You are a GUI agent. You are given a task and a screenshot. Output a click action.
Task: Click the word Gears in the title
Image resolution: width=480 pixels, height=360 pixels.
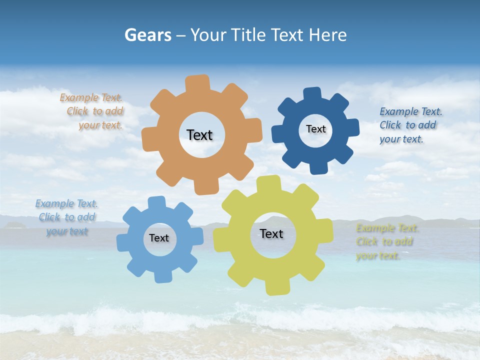(148, 35)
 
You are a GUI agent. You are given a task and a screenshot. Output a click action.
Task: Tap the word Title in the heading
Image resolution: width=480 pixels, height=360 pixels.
(247, 35)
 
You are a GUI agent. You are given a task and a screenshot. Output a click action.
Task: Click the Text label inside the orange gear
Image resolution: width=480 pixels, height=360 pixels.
(199, 135)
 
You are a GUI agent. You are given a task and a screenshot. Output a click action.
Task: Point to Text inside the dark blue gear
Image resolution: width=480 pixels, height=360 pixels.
(315, 129)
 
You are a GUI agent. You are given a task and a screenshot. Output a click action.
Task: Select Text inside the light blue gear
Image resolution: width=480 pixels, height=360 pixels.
(158, 238)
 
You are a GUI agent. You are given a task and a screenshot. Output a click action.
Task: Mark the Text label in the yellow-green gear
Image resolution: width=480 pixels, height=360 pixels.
(271, 233)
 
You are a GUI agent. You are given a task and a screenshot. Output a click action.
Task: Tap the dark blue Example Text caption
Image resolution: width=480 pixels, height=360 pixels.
(409, 125)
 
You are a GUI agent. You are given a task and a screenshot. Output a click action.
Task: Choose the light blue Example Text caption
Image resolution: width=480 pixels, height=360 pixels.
(66, 217)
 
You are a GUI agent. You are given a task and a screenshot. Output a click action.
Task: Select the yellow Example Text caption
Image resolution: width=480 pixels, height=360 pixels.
(386, 242)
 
